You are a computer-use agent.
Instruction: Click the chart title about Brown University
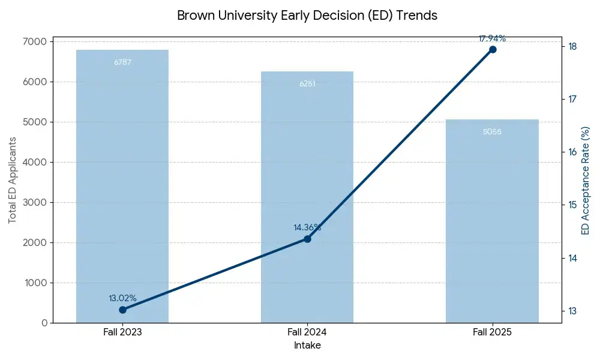click(307, 16)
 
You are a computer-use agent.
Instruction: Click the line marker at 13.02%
click(122, 310)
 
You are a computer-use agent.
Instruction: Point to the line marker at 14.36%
click(307, 239)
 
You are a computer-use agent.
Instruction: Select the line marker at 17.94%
click(492, 49)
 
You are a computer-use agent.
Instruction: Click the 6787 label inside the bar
click(122, 62)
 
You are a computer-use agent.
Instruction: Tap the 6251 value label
click(307, 83)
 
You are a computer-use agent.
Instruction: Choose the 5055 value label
click(492, 131)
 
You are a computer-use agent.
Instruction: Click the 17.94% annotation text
click(492, 39)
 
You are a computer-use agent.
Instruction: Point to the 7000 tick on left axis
click(36, 41)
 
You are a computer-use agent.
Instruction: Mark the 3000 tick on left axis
click(36, 202)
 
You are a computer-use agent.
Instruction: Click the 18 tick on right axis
click(572, 46)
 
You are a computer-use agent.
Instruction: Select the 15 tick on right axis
click(572, 205)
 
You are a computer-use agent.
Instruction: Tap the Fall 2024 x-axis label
click(307, 332)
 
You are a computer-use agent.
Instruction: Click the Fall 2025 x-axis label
click(492, 332)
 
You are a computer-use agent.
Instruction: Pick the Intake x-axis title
click(307, 346)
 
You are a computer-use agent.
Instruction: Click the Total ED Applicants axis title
click(12, 180)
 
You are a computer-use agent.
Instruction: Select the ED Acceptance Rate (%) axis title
click(586, 180)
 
